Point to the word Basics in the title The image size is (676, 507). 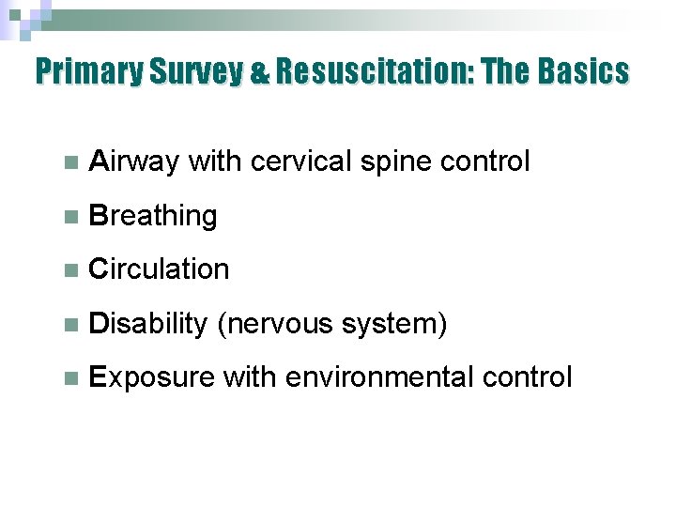582,71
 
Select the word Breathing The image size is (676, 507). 152,216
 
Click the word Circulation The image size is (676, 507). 158,269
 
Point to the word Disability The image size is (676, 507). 146,324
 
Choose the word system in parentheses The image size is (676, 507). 392,325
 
